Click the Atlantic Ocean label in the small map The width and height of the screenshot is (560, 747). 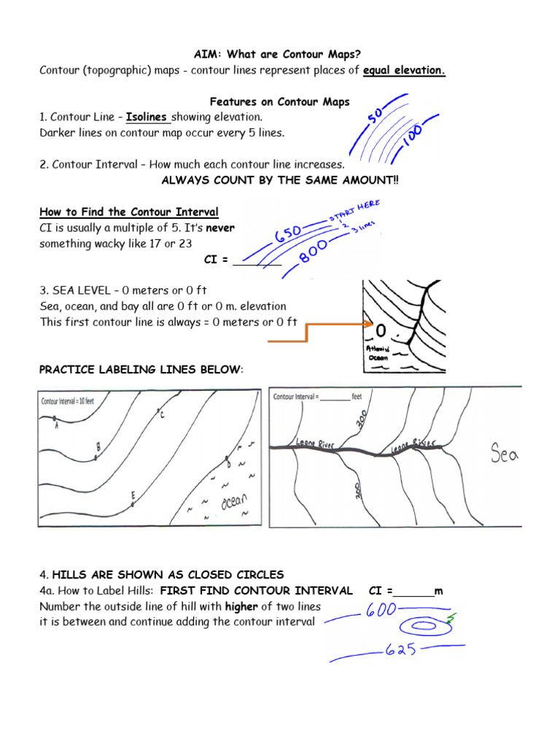tap(378, 354)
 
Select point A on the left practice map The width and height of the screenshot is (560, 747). tap(55, 420)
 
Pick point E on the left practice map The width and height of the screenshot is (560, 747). tap(133, 500)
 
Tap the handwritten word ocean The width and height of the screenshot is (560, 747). tap(234, 504)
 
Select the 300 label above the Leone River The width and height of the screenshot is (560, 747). tap(359, 419)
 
